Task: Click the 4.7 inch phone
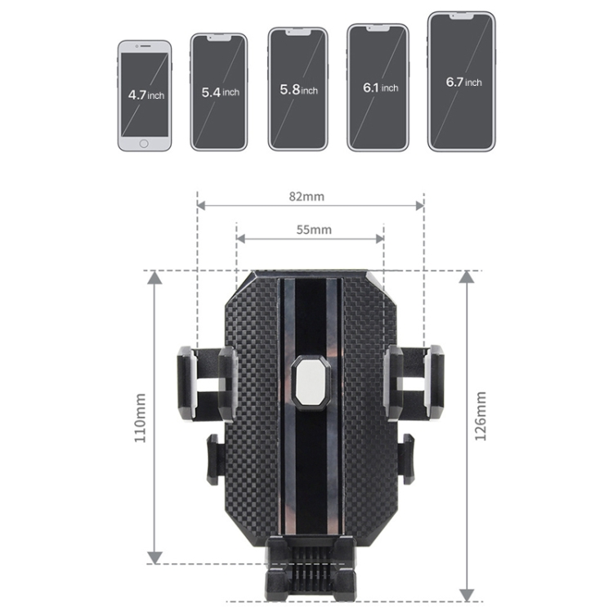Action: pyautogui.click(x=145, y=96)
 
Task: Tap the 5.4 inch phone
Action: pyautogui.click(x=219, y=92)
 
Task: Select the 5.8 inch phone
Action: pyautogui.click(x=298, y=89)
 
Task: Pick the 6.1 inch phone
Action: pyautogui.click(x=378, y=87)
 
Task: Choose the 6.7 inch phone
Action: pyautogui.click(x=461, y=82)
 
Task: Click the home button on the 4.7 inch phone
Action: pyautogui.click(x=144, y=144)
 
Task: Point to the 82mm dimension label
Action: pyautogui.click(x=306, y=196)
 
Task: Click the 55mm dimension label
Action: pyautogui.click(x=314, y=230)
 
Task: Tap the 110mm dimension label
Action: pyautogui.click(x=140, y=418)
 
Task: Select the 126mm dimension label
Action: pyautogui.click(x=481, y=416)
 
